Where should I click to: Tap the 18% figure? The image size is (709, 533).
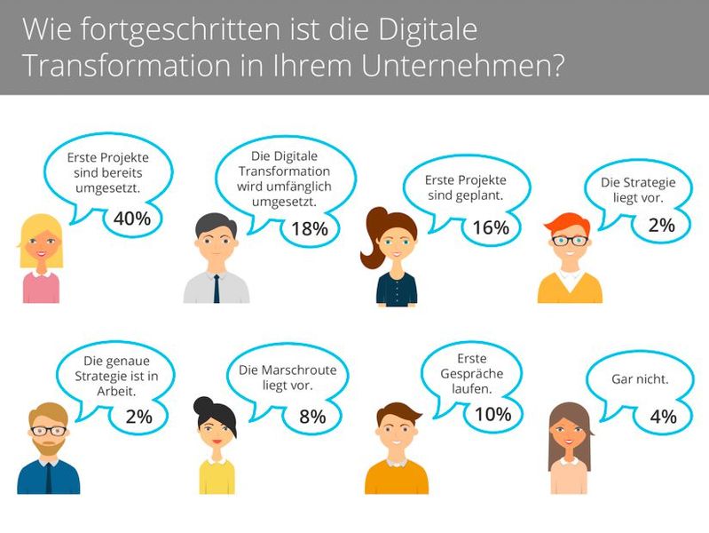pos(310,228)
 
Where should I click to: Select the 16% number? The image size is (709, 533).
pos(491,227)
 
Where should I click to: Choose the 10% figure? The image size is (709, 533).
pos(492,413)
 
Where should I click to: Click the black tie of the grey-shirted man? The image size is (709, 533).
pos(217,287)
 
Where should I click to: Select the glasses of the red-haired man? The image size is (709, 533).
pos(569,240)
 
